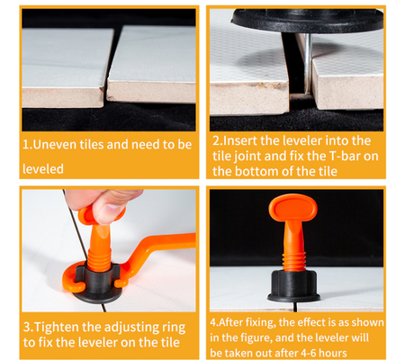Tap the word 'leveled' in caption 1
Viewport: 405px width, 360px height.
(43, 169)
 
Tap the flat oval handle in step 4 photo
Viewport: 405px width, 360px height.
(292, 208)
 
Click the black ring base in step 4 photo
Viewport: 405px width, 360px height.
(293, 285)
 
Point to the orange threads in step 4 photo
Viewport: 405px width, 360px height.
(293, 260)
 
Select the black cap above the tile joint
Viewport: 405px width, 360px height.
(307, 20)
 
